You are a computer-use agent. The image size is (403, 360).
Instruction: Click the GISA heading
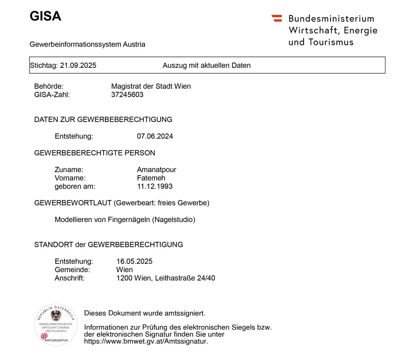click(x=45, y=16)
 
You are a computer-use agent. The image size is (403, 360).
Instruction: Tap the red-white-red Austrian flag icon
click(x=276, y=18)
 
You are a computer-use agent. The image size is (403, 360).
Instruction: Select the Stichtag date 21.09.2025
click(x=78, y=65)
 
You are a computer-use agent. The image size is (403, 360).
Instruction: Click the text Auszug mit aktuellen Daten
click(x=206, y=65)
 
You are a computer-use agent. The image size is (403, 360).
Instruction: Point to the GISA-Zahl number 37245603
click(x=127, y=94)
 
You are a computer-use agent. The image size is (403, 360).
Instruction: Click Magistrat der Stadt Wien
click(x=151, y=86)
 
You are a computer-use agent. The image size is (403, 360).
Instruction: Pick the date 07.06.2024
click(x=155, y=136)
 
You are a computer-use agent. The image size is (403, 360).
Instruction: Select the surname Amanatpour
click(x=157, y=169)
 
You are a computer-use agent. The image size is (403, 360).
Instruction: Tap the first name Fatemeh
click(x=151, y=178)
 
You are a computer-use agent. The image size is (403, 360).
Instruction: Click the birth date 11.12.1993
click(x=154, y=186)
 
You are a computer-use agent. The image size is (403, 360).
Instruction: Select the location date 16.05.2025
click(x=134, y=261)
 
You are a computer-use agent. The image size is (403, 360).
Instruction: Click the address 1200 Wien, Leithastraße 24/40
click(x=166, y=278)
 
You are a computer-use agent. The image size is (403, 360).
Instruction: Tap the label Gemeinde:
click(x=72, y=270)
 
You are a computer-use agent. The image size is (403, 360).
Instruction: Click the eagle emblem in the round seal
click(x=56, y=315)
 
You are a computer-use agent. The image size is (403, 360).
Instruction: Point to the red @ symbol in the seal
click(x=44, y=336)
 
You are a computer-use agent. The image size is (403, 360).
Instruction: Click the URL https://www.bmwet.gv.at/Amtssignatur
click(x=146, y=341)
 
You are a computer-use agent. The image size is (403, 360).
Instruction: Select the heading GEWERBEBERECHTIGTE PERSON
click(x=95, y=153)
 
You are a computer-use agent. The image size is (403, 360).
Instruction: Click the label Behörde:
click(x=49, y=86)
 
